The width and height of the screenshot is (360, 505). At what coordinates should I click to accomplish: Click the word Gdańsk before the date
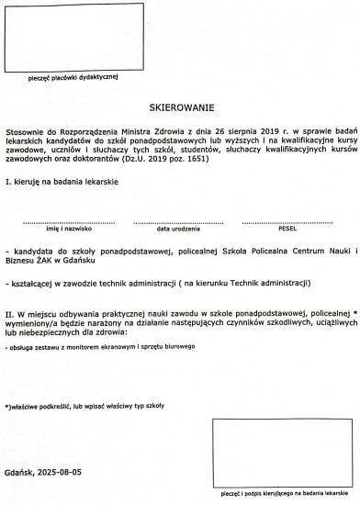(21, 471)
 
